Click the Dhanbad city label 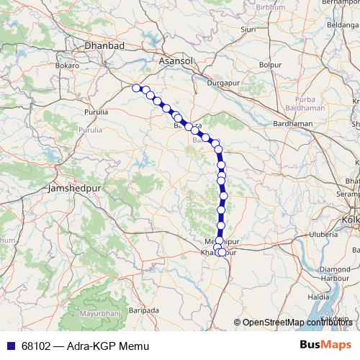coord(105,45)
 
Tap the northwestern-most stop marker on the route coord(136,88)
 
